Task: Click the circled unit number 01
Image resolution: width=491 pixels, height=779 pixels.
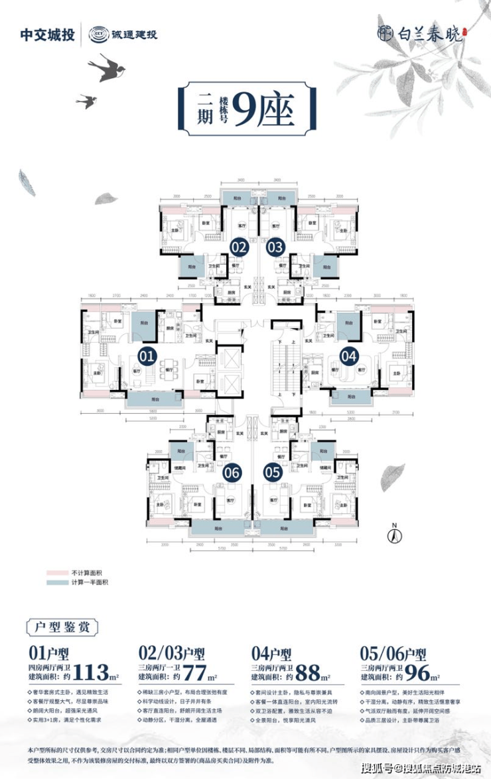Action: [x=147, y=357]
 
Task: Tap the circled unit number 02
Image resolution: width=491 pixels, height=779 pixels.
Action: [x=239, y=247]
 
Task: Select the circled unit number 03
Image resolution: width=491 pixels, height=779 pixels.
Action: [x=275, y=247]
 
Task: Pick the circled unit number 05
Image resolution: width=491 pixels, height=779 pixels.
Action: [x=272, y=473]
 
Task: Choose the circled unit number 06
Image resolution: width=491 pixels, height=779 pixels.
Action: [x=232, y=473]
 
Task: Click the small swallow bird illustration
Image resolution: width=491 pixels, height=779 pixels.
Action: [x=86, y=101]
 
